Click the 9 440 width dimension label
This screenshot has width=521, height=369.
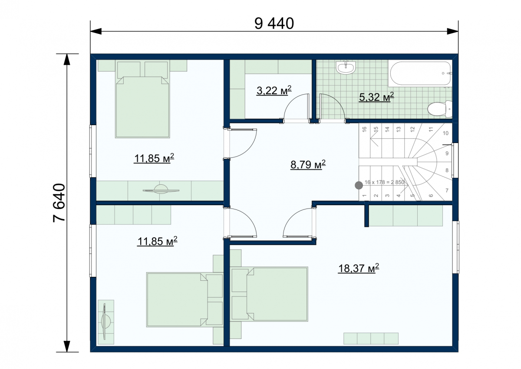point(274,23)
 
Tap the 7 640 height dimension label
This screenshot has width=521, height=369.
point(59,203)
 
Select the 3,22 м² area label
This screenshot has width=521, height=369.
point(274,90)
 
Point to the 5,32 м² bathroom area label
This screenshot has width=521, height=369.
point(376,97)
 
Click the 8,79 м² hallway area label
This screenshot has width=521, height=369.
point(308,164)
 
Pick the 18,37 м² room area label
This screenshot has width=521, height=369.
point(359,268)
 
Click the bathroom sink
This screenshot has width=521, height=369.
point(346,67)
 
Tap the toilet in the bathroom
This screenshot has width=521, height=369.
point(440,109)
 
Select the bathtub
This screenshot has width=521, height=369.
point(420,73)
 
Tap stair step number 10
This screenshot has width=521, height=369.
point(445,133)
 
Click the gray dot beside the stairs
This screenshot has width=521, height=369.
point(359,185)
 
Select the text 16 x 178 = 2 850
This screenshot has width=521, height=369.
point(384,182)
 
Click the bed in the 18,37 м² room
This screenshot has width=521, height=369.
point(270,294)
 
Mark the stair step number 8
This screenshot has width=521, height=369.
point(447,170)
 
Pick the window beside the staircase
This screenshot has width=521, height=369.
point(455,160)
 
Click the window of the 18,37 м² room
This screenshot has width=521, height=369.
point(455,247)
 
